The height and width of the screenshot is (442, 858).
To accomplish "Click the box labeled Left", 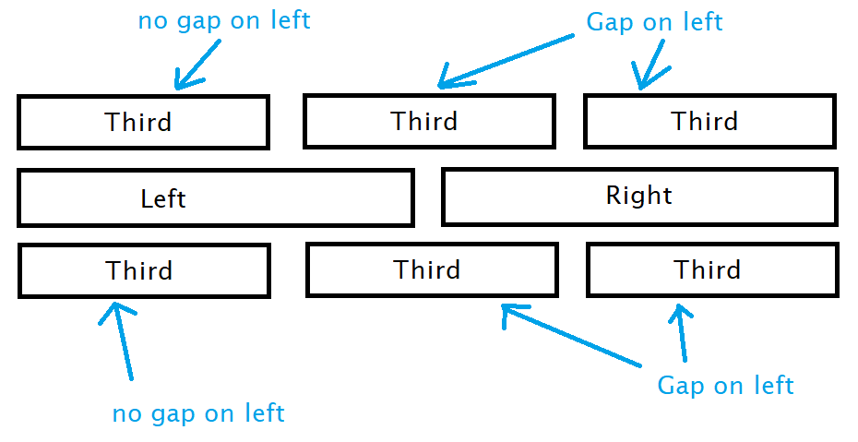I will [215, 197].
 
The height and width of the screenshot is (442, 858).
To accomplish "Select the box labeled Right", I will [639, 197].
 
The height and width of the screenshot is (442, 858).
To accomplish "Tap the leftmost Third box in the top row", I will [143, 122].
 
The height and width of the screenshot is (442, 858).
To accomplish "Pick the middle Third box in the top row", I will [429, 121].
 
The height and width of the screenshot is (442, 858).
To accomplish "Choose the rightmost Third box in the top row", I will [709, 121].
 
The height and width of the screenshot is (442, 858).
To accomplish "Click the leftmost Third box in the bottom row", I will [144, 270].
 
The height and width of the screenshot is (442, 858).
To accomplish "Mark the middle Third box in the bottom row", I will [432, 269].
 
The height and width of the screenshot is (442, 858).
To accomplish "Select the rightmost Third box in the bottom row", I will [712, 269].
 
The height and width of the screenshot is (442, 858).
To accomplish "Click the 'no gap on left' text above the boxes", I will [224, 20].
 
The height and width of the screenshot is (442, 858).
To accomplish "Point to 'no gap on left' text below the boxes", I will [198, 413].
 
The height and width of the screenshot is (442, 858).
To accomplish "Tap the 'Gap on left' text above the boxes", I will [654, 22].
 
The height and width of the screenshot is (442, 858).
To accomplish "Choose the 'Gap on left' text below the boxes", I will [725, 385].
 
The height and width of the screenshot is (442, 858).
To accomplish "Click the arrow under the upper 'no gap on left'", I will [197, 69].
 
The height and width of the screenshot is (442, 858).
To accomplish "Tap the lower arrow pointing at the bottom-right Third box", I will [682, 332].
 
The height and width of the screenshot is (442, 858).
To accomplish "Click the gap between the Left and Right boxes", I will [428, 197].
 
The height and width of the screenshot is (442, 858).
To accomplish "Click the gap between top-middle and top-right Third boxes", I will [569, 121].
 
